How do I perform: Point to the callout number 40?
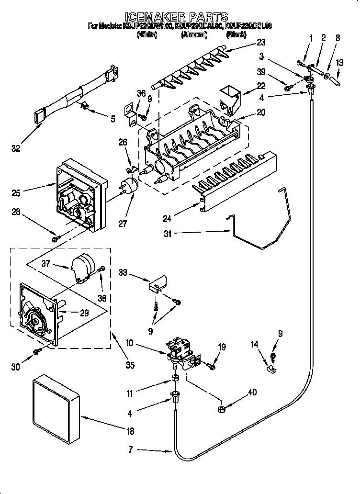click(252, 393)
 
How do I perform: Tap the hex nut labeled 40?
click(222, 409)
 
